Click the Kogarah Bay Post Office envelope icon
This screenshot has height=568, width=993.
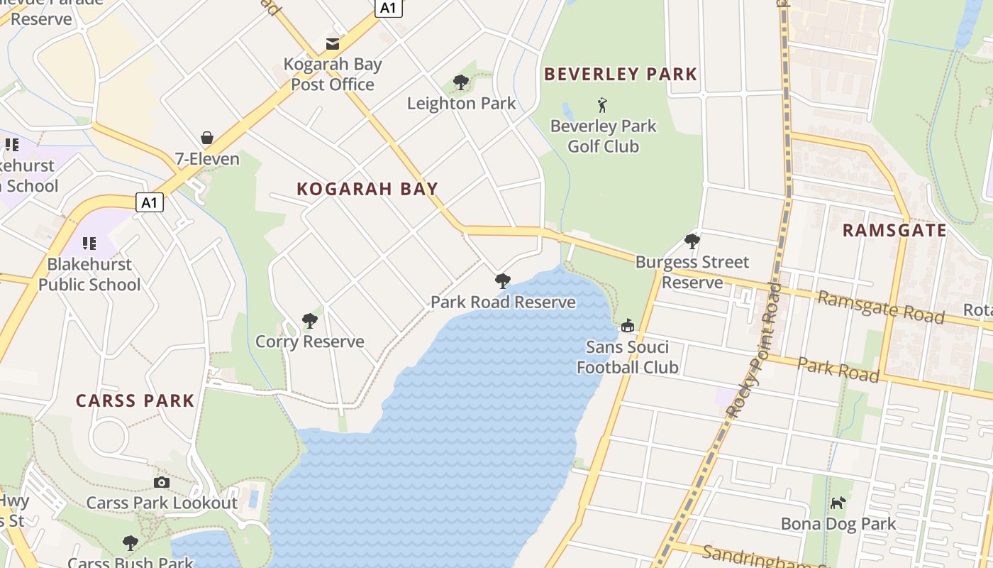tap(332, 44)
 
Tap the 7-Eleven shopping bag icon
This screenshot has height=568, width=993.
tap(207, 137)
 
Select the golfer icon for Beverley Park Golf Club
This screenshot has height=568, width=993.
tap(603, 106)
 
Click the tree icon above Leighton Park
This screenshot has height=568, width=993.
tap(461, 82)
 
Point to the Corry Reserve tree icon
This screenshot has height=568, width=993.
tap(309, 321)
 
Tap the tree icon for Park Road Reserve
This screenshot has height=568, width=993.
tap(503, 281)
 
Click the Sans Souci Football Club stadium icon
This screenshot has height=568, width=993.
tap(627, 326)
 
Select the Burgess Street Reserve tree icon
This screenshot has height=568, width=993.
tap(692, 241)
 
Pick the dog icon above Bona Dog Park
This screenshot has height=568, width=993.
tap(838, 503)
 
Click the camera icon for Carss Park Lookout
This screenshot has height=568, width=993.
tap(162, 483)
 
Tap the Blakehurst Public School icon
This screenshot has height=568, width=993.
tap(89, 244)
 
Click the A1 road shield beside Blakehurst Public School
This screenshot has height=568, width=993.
tap(149, 203)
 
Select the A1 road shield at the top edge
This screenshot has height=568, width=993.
tap(388, 8)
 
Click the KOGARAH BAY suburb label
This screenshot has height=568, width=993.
tap(367, 189)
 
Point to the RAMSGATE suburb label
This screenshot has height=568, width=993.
tap(894, 230)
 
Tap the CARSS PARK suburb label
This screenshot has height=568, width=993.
tap(135, 400)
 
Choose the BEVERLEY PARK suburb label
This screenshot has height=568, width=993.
tap(621, 74)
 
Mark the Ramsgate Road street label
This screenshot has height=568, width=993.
tap(881, 307)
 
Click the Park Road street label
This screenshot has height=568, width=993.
tap(838, 369)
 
